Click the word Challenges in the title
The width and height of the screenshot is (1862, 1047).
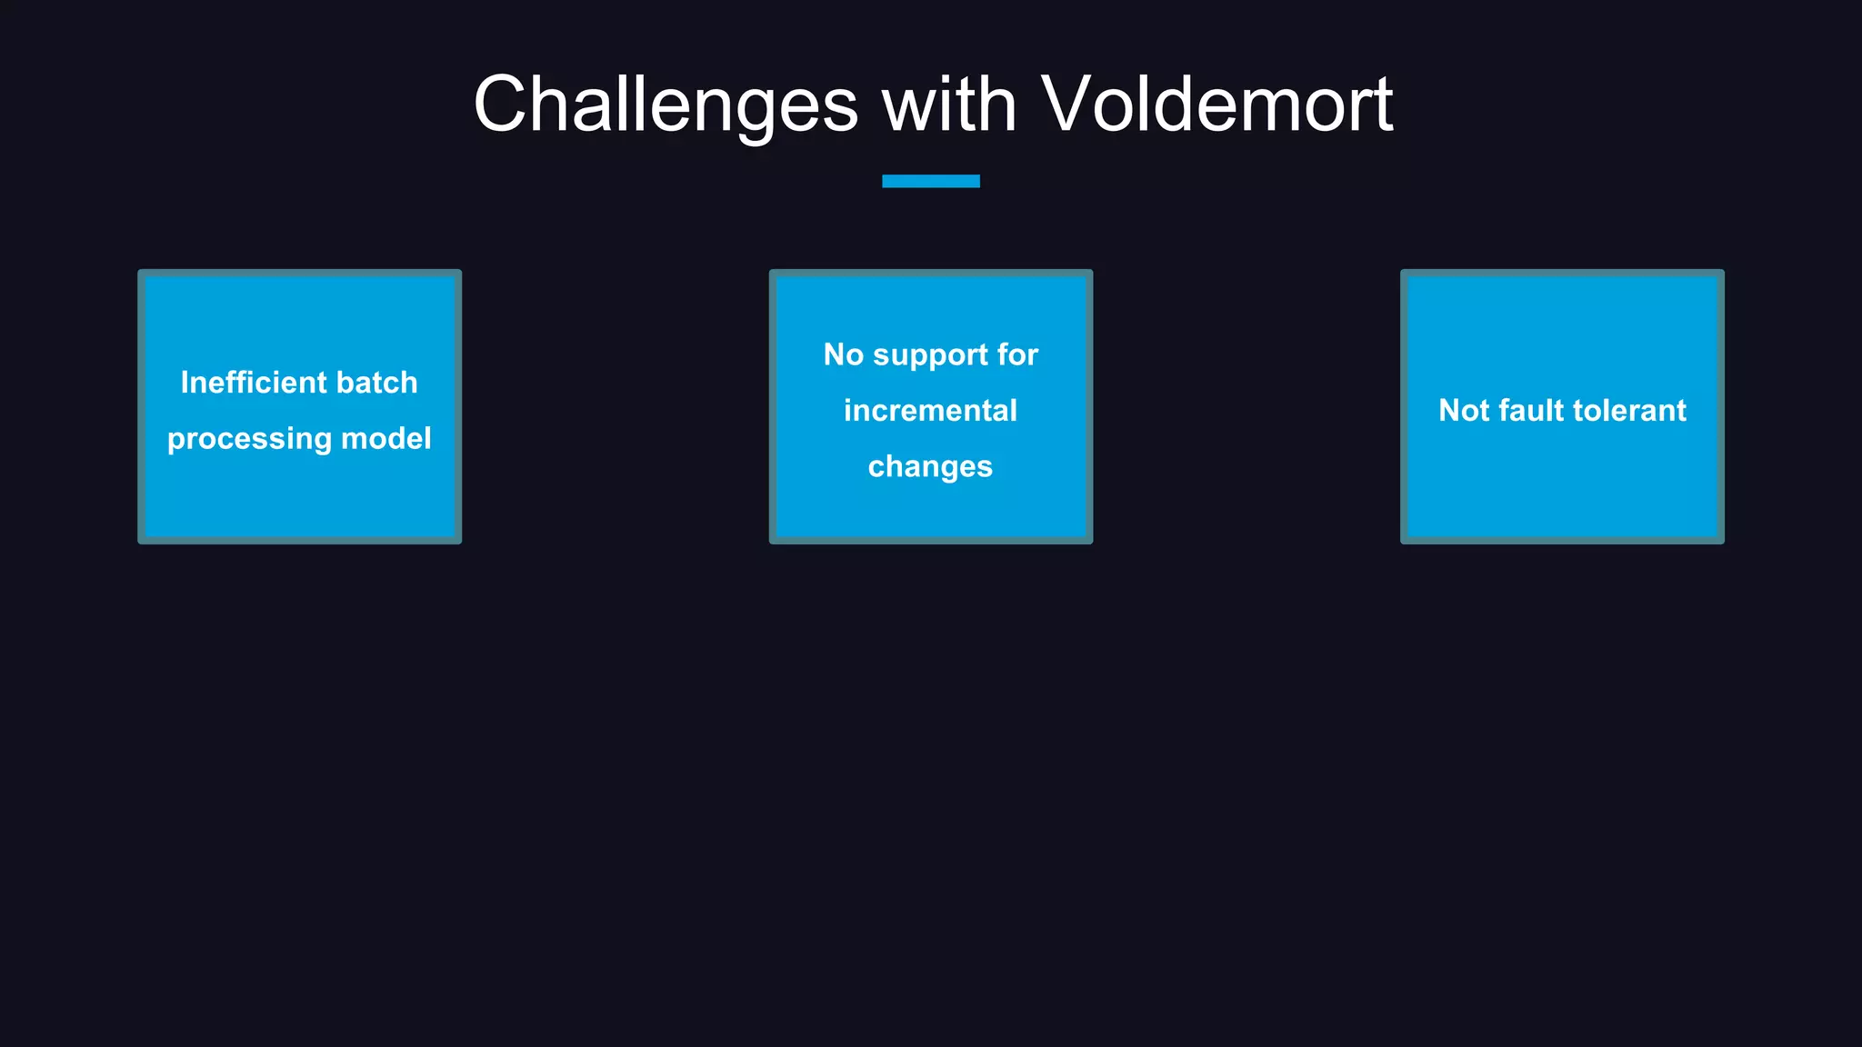pos(666,105)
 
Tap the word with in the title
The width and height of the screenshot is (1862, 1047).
pos(949,104)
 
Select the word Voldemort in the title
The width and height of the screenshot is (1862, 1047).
pos(1216,104)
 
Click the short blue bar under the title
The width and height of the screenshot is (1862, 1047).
pos(930,181)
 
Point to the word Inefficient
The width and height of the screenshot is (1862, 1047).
pos(240,383)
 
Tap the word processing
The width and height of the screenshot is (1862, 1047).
pos(249,440)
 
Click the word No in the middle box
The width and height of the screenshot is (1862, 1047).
pos(844,354)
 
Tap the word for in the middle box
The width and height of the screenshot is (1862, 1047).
pos(1016,354)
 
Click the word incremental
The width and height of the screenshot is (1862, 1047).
pos(930,411)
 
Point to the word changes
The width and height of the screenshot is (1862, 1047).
pos(930,467)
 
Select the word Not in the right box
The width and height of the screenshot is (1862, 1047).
pos(1464,411)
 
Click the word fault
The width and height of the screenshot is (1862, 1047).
pos(1531,411)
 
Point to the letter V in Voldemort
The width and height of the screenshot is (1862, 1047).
pos(1067,105)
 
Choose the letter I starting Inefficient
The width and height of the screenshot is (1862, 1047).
pos(184,383)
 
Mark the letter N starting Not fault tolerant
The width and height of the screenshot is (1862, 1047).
pos(1449,411)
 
